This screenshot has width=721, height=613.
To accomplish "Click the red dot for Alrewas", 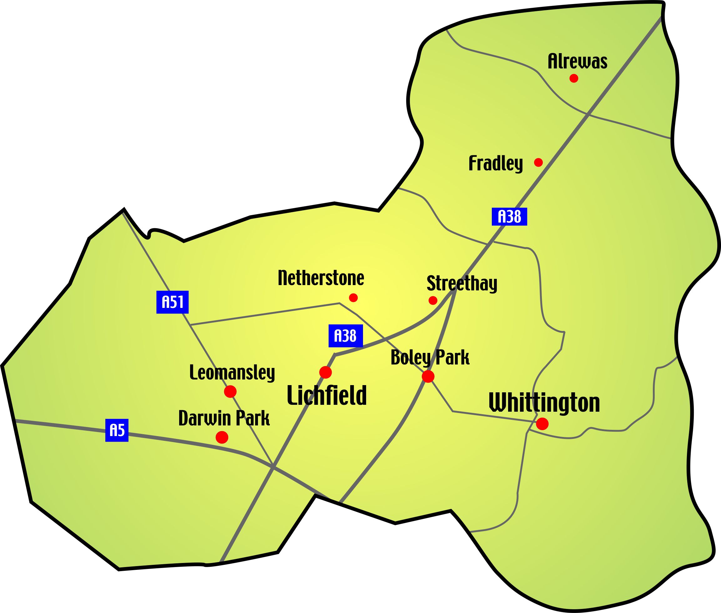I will [574, 78].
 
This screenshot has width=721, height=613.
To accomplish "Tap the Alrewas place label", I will [577, 62].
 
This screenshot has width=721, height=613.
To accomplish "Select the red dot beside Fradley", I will [538, 162].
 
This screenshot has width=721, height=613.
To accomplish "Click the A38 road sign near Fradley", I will [509, 217].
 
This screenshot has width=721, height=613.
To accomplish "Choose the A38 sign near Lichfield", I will [345, 336].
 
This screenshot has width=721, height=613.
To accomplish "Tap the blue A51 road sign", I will [172, 302].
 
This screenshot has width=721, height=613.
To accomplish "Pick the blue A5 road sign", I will [117, 430].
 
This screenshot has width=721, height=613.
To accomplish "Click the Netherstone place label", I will [321, 278].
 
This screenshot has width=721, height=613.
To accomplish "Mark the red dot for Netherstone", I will [353, 298].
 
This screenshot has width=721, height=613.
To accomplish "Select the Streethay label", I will [462, 283].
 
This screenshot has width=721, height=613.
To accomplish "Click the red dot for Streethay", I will [433, 300].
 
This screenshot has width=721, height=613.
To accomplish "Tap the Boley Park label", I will [430, 358].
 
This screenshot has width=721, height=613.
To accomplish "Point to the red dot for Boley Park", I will [428, 376].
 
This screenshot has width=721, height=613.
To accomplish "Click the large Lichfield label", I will [327, 395].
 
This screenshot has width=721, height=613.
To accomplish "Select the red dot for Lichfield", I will [325, 372].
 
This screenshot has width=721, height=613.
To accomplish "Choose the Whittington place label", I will [544, 403].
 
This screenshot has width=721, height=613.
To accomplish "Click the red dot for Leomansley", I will [230, 392].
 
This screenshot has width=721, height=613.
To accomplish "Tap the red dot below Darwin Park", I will [222, 437].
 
